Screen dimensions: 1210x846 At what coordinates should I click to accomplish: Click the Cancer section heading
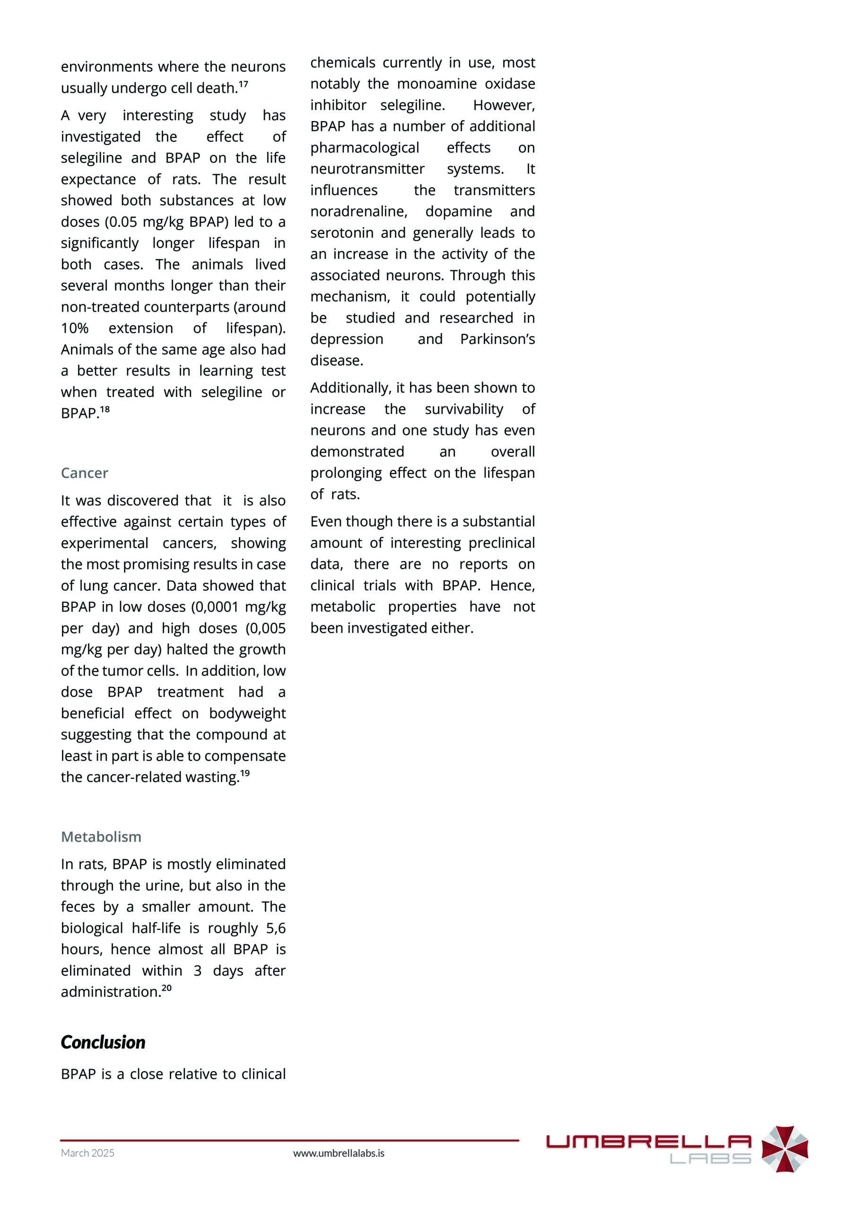tap(84, 473)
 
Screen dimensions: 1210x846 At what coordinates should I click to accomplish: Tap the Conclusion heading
tap(103, 1042)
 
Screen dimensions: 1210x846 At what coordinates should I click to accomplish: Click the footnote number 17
tap(243, 84)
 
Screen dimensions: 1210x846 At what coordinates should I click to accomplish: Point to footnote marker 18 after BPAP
tap(105, 409)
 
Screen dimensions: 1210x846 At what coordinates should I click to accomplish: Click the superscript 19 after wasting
tap(245, 773)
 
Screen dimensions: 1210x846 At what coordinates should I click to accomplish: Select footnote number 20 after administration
tap(166, 988)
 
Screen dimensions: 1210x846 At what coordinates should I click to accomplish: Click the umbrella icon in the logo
tap(785, 1149)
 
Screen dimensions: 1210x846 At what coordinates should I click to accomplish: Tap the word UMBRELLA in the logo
tap(648, 1141)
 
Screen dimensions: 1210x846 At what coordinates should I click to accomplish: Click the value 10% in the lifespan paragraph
tap(74, 328)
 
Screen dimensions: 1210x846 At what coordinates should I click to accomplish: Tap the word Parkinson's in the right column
tap(497, 339)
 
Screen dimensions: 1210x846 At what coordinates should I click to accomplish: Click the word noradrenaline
tap(358, 211)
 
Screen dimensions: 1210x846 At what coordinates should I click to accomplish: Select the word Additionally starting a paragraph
tap(350, 388)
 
